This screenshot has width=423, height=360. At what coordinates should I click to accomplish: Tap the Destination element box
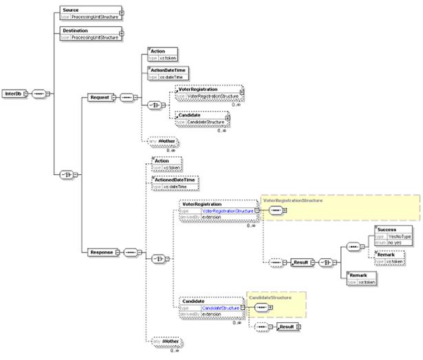click(x=89, y=32)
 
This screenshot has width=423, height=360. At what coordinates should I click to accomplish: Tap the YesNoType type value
click(x=400, y=236)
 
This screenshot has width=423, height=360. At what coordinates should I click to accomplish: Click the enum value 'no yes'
click(x=394, y=243)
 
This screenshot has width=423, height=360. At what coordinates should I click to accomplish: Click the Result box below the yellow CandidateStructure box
click(x=287, y=326)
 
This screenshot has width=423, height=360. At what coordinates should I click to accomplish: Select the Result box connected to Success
click(x=301, y=263)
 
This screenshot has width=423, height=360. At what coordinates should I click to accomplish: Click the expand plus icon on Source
click(x=122, y=12)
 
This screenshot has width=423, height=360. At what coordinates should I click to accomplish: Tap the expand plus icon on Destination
click(x=122, y=32)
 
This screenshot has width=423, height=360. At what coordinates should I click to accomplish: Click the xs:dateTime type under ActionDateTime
click(x=173, y=77)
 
